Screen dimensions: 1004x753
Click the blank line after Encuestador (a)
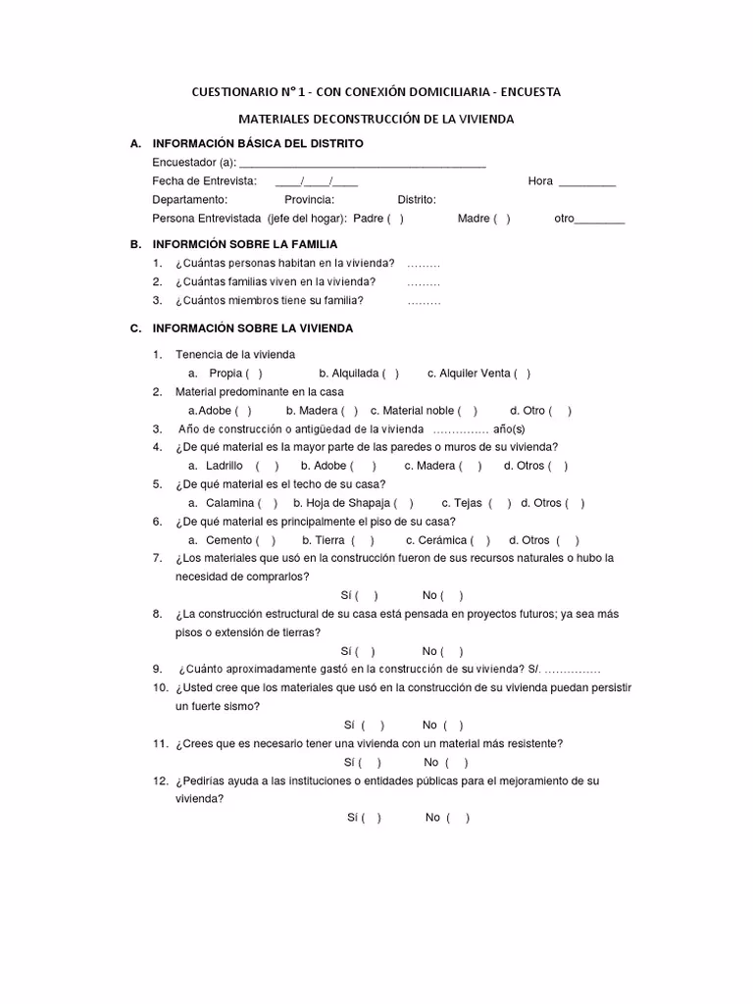coord(362,163)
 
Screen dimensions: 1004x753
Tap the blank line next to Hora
coord(586,181)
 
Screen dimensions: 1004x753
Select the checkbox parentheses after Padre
coord(395,219)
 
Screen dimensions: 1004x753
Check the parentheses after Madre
coord(502,219)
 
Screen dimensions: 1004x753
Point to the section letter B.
coord(134,244)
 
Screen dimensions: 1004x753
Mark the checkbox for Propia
coord(254,374)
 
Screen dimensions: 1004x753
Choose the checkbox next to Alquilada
coord(391,374)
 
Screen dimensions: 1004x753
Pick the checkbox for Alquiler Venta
coord(523,374)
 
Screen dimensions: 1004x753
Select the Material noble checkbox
coord(469,411)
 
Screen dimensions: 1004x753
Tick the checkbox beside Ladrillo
coord(268,467)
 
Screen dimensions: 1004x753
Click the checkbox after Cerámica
coord(480,540)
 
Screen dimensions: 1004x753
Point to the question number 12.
coord(160,781)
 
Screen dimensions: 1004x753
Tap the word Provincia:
coord(309,200)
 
